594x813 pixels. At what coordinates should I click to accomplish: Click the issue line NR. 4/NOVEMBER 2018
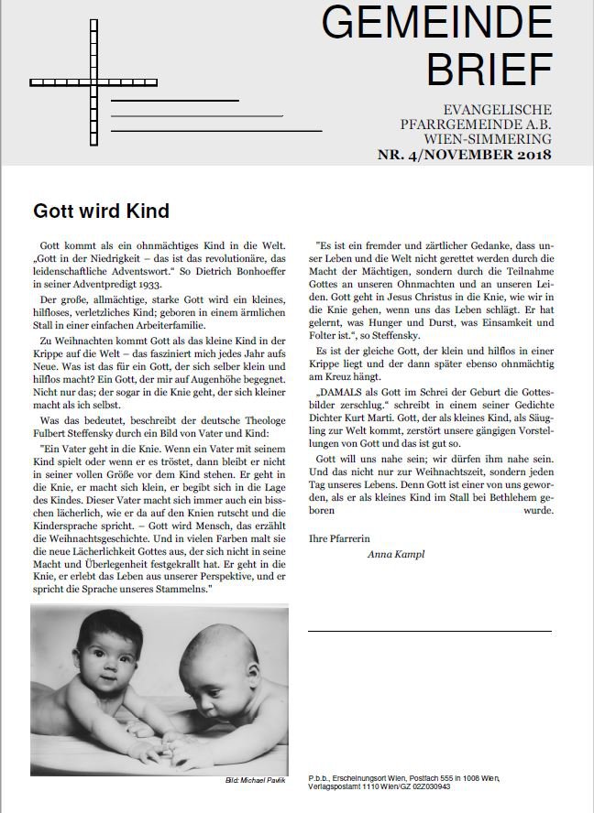pyautogui.click(x=465, y=155)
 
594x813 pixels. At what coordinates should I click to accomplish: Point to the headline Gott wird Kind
pyautogui.click(x=101, y=211)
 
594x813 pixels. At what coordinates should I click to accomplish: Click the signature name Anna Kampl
pyautogui.click(x=397, y=554)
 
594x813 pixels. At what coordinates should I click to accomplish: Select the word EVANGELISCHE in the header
pyautogui.click(x=495, y=109)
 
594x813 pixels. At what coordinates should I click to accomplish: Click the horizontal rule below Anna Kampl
pyautogui.click(x=429, y=631)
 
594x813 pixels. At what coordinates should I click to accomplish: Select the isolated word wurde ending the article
pyautogui.click(x=533, y=510)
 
